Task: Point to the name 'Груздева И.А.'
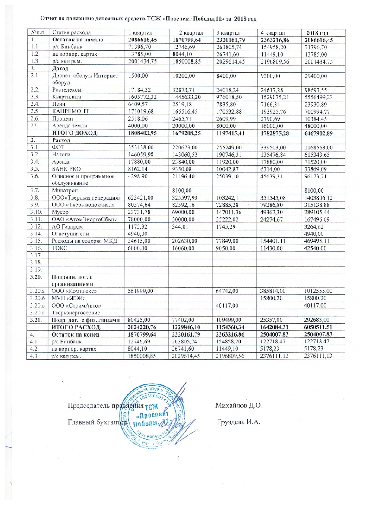(239, 421)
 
